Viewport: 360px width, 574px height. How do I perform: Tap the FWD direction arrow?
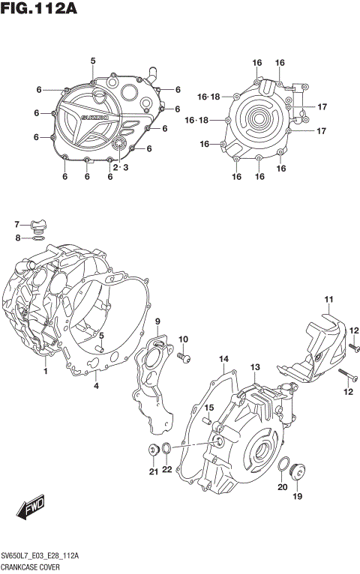click(x=30, y=510)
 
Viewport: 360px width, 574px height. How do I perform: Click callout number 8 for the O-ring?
click(x=16, y=238)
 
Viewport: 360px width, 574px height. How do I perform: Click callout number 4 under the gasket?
click(x=96, y=387)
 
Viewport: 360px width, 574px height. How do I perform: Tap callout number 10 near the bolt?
click(x=183, y=339)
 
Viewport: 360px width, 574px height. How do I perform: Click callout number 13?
click(x=255, y=367)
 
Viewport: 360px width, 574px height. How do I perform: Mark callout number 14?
click(x=223, y=360)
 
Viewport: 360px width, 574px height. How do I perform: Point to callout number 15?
click(x=210, y=408)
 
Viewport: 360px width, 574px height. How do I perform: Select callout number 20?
click(x=282, y=487)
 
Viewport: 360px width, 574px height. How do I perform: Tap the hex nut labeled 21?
click(x=152, y=450)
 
